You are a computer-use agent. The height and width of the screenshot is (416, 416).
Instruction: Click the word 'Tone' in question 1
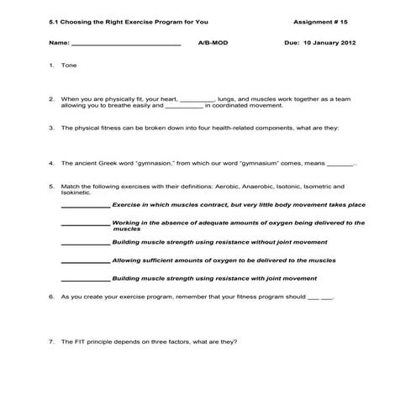[69, 65]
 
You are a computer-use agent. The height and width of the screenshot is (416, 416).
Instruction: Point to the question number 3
[51, 128]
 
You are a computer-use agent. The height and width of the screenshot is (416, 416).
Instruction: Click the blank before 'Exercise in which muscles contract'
[85, 205]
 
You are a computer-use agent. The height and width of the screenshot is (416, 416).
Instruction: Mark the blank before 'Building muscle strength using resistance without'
[85, 242]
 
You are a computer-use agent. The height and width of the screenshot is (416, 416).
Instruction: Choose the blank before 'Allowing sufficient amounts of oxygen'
[85, 261]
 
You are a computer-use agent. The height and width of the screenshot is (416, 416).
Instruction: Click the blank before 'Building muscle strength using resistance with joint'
[85, 278]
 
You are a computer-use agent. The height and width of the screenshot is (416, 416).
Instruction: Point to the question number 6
[51, 297]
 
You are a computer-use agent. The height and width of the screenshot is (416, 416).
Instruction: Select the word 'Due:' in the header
[292, 41]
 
